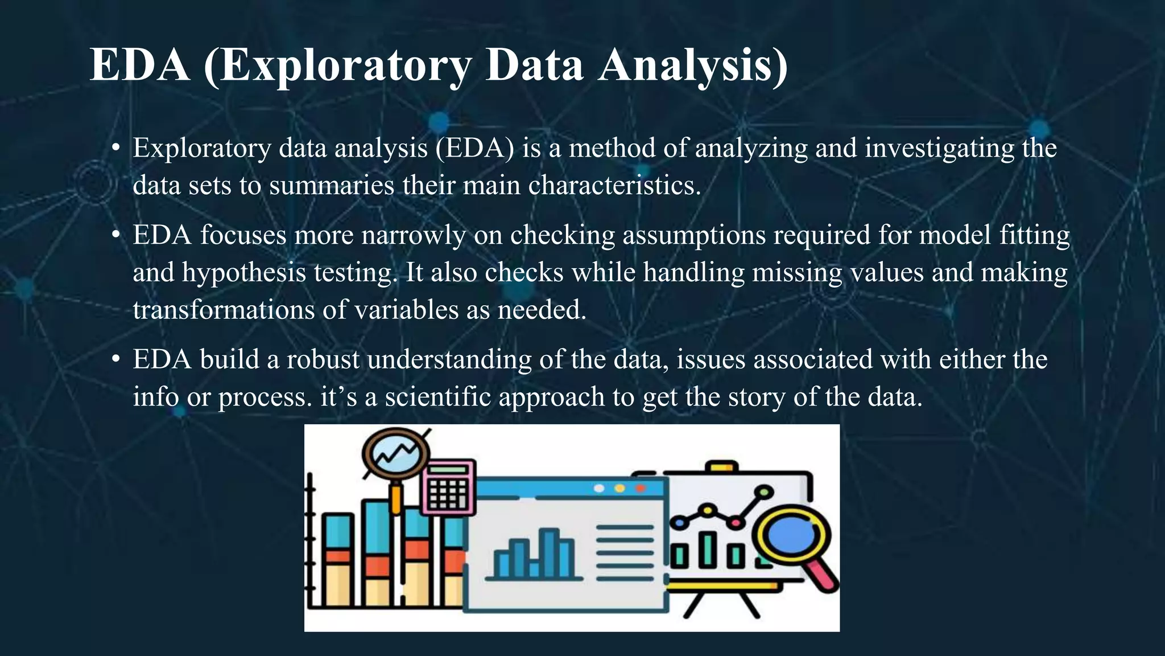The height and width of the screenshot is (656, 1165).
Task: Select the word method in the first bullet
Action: (612, 148)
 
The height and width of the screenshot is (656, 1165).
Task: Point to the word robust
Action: (323, 360)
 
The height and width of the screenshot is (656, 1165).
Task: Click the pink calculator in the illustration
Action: (448, 487)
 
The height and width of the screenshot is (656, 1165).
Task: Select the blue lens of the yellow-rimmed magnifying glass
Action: (790, 535)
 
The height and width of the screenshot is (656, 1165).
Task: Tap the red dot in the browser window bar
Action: (640, 489)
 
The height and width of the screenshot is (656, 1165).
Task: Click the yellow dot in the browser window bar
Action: (619, 489)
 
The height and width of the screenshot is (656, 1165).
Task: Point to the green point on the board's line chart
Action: (766, 491)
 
